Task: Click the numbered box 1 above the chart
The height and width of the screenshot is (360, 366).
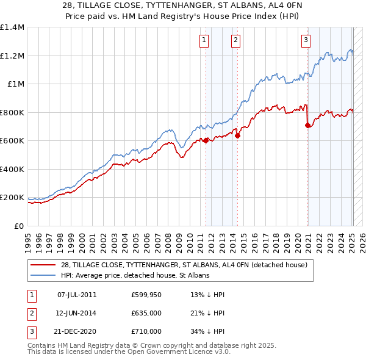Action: [203, 41]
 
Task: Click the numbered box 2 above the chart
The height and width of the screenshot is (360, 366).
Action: [235, 41]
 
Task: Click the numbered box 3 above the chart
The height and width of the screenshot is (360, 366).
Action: [306, 41]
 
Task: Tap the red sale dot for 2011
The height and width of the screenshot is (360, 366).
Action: [206, 140]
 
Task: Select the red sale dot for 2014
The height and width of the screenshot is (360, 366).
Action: [237, 135]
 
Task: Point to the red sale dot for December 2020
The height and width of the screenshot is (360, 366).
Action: [307, 125]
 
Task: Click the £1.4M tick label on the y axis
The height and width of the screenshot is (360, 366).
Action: [12, 27]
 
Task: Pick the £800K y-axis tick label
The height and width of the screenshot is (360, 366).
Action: [12, 112]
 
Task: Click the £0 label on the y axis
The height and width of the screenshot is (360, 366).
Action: [20, 226]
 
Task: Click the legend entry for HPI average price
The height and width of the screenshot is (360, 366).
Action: [135, 275]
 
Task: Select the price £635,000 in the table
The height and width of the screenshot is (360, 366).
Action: [146, 313]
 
